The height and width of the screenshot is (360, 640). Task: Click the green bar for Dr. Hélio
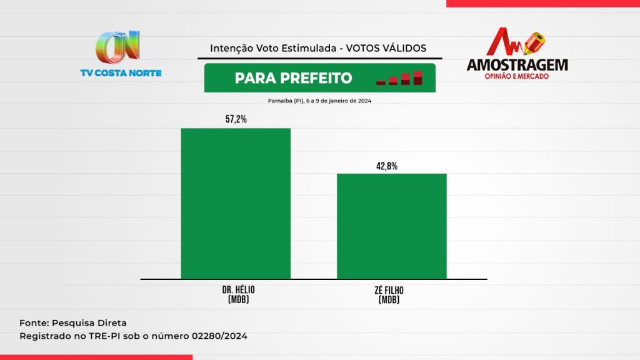tap(236, 204)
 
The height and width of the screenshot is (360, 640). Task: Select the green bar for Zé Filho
tap(392, 226)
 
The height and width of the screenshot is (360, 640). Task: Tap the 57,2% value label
tap(236, 119)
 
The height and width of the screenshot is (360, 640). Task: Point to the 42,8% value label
tap(387, 166)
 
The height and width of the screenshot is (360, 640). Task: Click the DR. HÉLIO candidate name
tap(238, 290)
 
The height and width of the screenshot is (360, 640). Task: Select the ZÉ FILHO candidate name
tap(389, 290)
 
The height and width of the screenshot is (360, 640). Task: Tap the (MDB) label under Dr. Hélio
tap(238, 299)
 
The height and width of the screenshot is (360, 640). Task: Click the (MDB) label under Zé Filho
tap(389, 300)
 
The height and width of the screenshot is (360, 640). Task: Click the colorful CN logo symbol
tap(118, 47)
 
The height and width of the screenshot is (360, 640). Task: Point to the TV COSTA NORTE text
tap(121, 73)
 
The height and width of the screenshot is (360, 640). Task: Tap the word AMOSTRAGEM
tap(517, 65)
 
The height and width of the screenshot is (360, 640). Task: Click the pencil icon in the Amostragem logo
tap(535, 43)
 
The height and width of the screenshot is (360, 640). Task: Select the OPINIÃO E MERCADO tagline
tap(517, 76)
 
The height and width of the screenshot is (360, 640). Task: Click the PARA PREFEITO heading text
tap(294, 78)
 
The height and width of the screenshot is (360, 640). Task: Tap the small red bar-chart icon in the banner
tap(399, 78)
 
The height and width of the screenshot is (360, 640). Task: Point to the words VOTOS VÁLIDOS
tap(386, 48)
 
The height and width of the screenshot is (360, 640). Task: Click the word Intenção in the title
tap(231, 49)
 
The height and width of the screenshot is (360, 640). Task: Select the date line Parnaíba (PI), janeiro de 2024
tap(319, 101)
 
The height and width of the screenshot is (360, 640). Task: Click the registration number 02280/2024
tap(219, 336)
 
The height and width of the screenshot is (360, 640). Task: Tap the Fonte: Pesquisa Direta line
tap(73, 323)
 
